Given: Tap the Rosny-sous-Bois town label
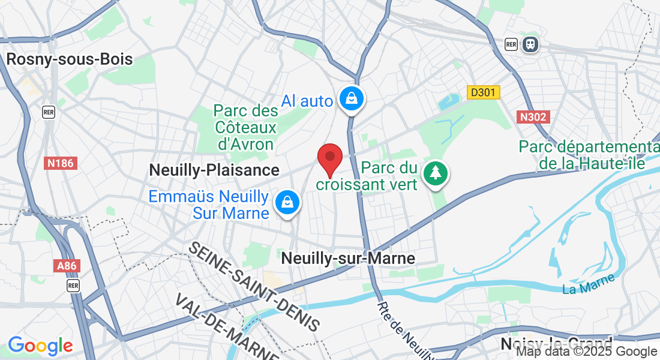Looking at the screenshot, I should click(69, 59).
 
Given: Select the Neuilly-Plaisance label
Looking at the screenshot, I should click(214, 170).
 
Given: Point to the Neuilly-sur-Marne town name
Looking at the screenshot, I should click(349, 258).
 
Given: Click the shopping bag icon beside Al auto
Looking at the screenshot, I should click(350, 98).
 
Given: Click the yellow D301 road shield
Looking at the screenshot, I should click(484, 92).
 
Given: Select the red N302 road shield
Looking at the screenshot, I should click(533, 116).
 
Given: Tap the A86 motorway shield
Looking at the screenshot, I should click(66, 265).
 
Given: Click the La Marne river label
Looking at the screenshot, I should click(589, 284).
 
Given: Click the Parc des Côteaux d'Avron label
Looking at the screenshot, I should click(245, 127).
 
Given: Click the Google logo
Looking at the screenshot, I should click(40, 346).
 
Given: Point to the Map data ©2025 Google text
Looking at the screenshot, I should click(587, 352).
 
